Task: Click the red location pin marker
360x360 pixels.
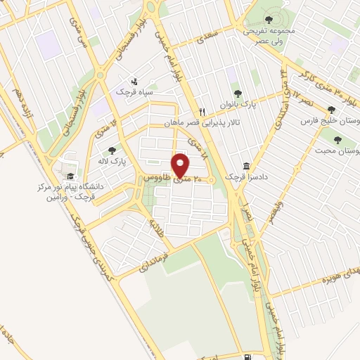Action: point(181,166)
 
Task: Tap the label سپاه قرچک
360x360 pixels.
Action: point(139,92)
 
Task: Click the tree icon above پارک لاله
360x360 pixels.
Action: point(112,150)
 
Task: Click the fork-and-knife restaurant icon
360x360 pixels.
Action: point(202,111)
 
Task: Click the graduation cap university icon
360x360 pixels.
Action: point(69,175)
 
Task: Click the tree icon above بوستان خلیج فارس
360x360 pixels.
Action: point(331,110)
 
